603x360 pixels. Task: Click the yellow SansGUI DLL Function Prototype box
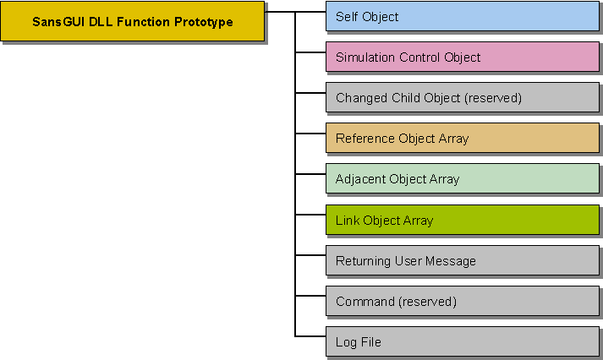point(132,22)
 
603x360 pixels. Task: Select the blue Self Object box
point(462,17)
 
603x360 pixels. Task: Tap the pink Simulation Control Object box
point(462,57)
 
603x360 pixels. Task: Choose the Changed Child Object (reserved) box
point(462,98)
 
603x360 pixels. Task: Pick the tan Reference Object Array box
point(462,139)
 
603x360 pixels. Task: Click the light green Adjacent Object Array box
point(462,179)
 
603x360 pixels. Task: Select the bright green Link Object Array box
point(462,221)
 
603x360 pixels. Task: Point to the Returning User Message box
point(462,261)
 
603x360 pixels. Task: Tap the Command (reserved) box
point(462,302)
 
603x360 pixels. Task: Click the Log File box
point(462,342)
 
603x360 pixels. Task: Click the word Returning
point(363,261)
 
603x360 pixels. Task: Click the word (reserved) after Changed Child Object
point(492,98)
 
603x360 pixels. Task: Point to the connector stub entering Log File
point(310,336)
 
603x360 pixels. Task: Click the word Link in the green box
point(348,221)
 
